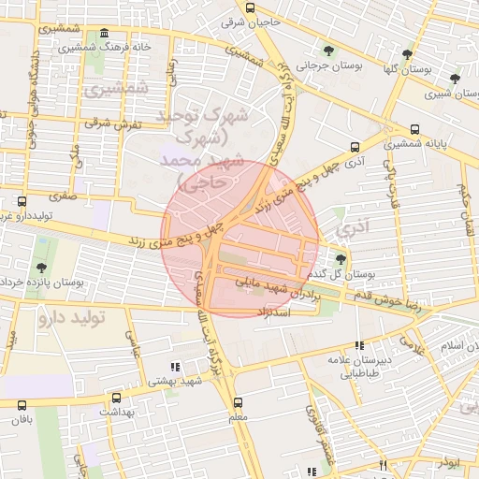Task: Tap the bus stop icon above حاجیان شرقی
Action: click(249, 6)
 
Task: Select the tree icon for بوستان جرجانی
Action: click(327, 50)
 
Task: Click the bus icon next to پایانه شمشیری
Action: click(415, 130)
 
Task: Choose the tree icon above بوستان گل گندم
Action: click(340, 259)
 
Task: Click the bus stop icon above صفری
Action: click(22, 200)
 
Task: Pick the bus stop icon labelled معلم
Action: click(238, 403)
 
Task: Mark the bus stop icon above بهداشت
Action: click(116, 398)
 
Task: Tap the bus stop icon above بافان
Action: click(22, 404)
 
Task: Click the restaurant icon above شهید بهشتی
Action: click(173, 367)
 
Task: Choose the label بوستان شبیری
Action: click(448, 94)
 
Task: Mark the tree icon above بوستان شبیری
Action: click(455, 79)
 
